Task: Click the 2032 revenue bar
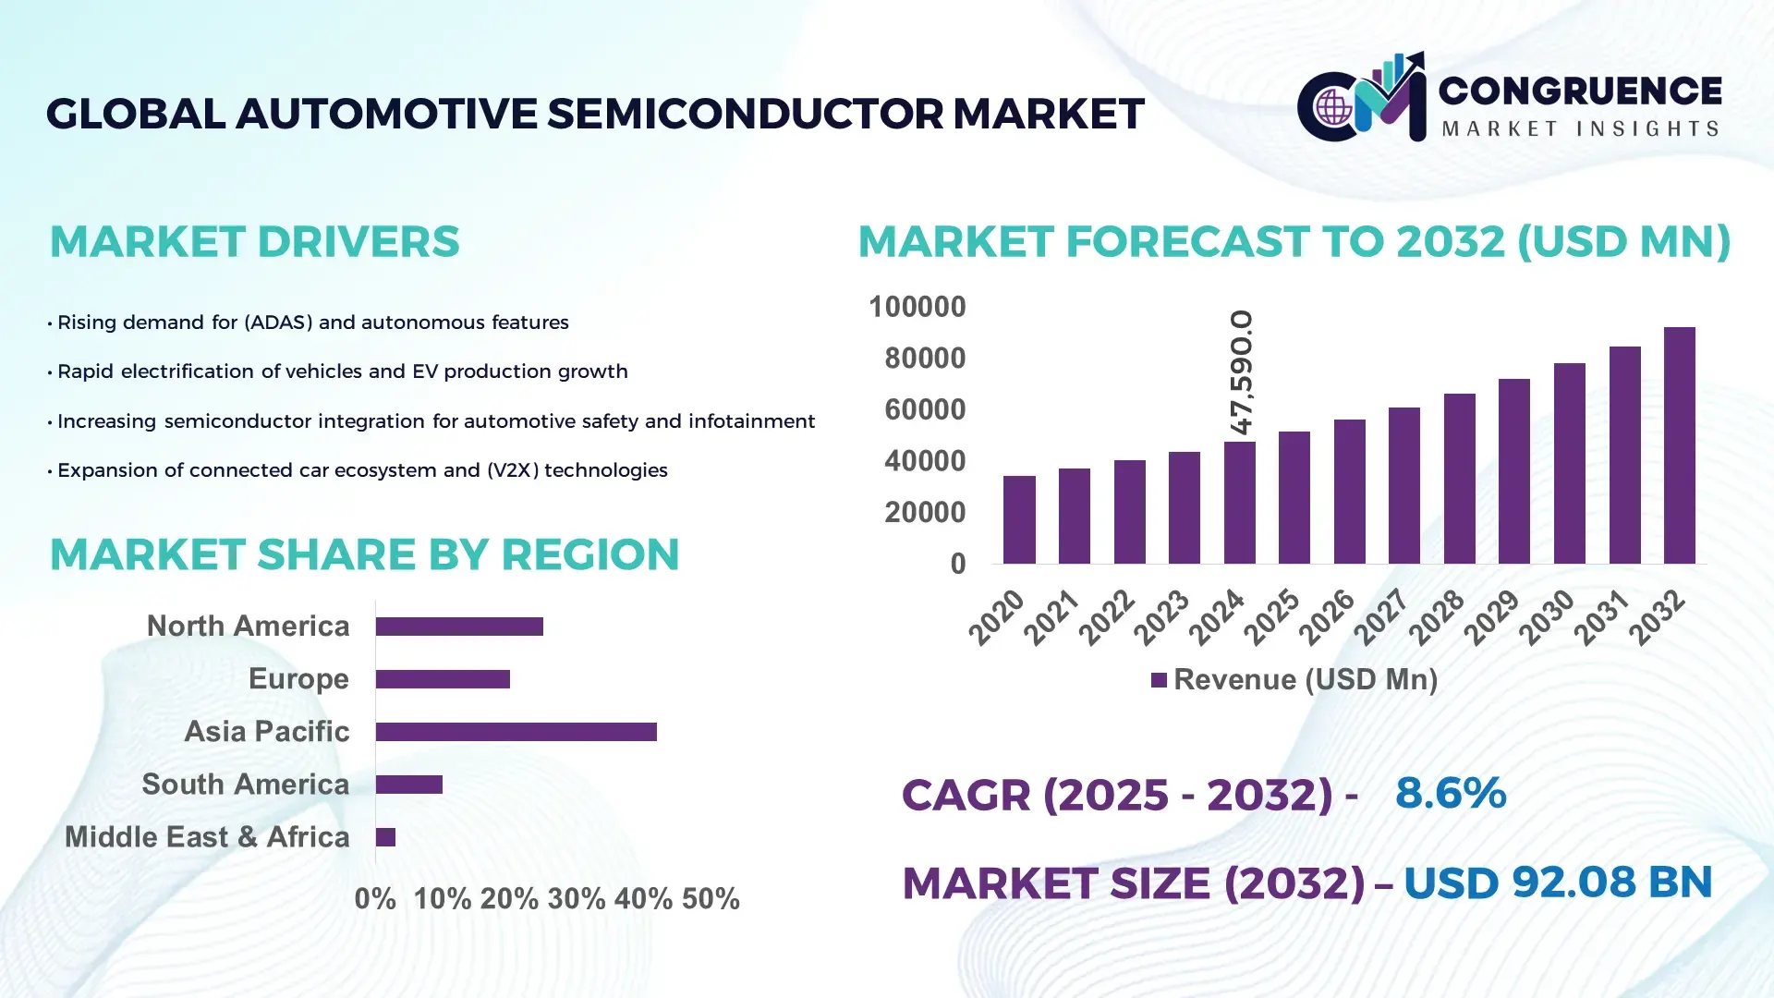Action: point(1679,445)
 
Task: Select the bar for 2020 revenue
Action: point(1019,519)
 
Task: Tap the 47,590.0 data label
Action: point(1242,372)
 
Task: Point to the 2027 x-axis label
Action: point(1380,616)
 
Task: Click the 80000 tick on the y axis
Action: point(925,359)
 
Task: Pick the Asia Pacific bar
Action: point(516,732)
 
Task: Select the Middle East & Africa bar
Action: point(385,837)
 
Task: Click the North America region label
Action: point(248,627)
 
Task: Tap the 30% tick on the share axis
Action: point(577,899)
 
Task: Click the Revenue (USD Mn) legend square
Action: point(1159,681)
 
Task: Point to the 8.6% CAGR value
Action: point(1451,794)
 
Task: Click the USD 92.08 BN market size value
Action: point(1558,882)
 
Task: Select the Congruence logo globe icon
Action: point(1333,107)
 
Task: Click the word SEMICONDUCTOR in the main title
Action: point(745,114)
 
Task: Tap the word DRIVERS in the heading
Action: point(358,242)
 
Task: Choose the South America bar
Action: point(409,785)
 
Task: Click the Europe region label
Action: point(298,679)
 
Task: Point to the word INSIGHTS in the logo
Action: point(1647,129)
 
